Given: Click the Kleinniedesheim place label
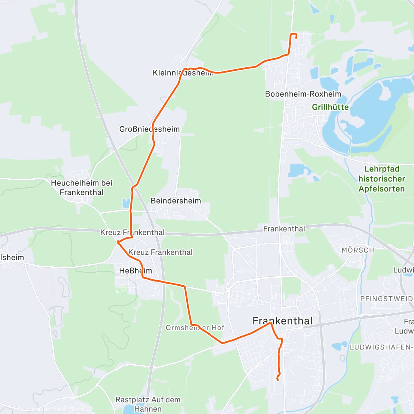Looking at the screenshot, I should [183, 73].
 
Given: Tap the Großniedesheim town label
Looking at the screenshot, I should [149, 129].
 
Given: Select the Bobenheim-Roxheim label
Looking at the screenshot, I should [303, 94].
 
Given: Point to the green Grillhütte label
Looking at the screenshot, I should [330, 107].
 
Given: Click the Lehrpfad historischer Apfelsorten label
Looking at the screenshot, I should [382, 179].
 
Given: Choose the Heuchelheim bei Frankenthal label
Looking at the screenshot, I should [82, 187].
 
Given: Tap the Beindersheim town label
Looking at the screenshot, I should [176, 200].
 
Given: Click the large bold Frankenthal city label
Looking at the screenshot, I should [283, 321].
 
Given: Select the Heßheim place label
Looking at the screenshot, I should [135, 271].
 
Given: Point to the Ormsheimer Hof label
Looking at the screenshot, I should [195, 327].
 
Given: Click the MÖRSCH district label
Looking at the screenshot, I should [358, 250].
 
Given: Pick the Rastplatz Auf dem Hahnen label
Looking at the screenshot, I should [148, 404].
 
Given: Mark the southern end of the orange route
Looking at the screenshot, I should [277, 380].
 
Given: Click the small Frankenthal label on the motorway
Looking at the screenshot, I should [284, 229].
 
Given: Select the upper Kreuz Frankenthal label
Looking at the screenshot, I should [132, 232].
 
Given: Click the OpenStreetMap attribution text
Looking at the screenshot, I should [71, 410].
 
